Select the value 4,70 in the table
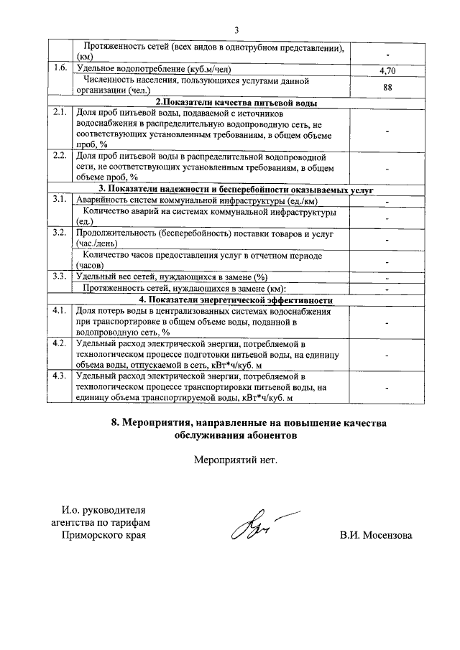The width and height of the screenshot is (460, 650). [387, 70]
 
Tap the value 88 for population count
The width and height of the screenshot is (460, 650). [387, 87]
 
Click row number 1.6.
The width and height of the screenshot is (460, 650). [60, 68]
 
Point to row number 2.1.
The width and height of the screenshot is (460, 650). [60, 113]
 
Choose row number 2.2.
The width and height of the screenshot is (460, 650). [60, 155]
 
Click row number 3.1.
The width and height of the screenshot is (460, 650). [60, 200]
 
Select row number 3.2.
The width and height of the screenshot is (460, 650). [60, 233]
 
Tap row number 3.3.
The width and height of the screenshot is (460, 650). [60, 277]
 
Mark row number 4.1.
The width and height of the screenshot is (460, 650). [60, 311]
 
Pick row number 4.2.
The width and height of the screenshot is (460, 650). [60, 343]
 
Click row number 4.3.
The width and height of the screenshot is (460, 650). [60, 376]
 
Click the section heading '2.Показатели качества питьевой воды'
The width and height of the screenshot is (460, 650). [237, 103]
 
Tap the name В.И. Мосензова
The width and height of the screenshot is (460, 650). [377, 536]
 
